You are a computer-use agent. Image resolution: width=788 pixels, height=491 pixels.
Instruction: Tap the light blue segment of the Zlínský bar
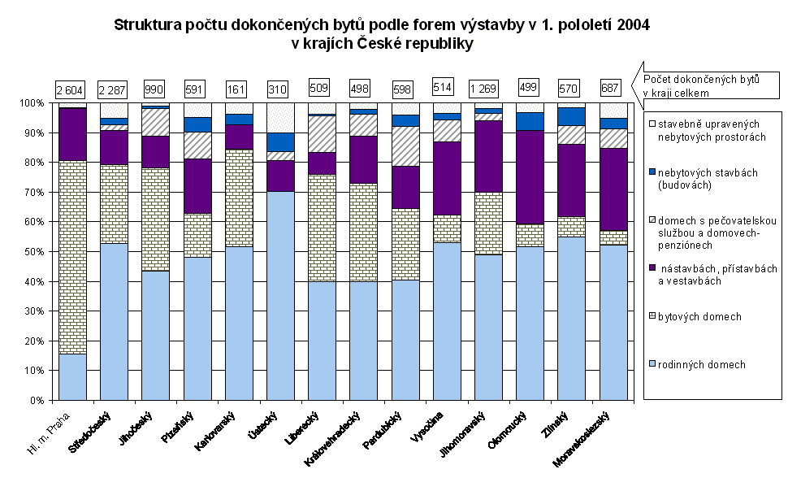pos(571,318)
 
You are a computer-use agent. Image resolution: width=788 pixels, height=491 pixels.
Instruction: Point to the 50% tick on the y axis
pos(52,252)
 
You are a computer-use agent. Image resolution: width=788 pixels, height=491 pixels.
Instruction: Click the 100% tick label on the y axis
pos(36,103)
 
